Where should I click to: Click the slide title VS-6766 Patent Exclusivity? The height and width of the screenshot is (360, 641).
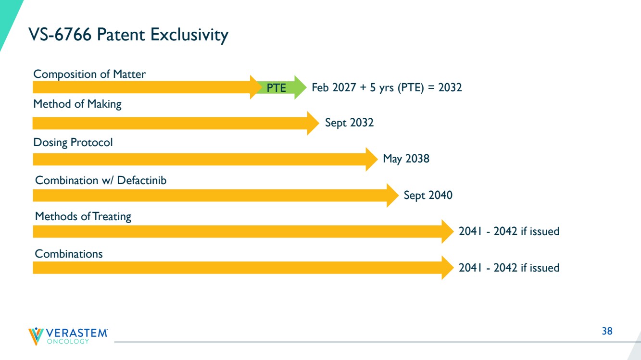(x=128, y=35)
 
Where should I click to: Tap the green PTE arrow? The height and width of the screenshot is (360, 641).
(x=281, y=87)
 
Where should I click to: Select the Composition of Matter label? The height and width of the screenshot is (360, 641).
(x=89, y=74)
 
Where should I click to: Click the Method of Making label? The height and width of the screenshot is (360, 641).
(x=77, y=104)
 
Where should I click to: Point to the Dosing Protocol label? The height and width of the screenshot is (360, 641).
(x=73, y=142)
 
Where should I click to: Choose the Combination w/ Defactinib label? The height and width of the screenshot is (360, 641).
(x=101, y=180)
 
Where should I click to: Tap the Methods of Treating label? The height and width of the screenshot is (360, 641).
(x=83, y=216)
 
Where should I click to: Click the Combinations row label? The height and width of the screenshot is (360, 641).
(x=69, y=254)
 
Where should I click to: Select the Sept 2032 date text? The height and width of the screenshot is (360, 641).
(x=349, y=123)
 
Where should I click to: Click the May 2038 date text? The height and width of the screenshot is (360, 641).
(x=406, y=159)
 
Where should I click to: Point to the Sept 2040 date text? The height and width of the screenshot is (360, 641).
(x=428, y=195)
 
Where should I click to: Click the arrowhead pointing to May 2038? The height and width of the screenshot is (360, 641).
(x=372, y=159)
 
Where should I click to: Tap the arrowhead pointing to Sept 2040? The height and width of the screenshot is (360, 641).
(x=392, y=195)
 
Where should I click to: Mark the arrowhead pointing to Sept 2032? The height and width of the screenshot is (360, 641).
(x=313, y=123)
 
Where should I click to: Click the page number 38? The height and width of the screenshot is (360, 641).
(x=607, y=331)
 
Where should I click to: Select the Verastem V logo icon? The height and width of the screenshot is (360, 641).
(x=36, y=336)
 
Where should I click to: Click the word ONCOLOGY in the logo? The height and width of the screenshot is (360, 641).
(x=68, y=341)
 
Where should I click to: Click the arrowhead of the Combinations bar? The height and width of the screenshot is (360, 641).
(x=448, y=268)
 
